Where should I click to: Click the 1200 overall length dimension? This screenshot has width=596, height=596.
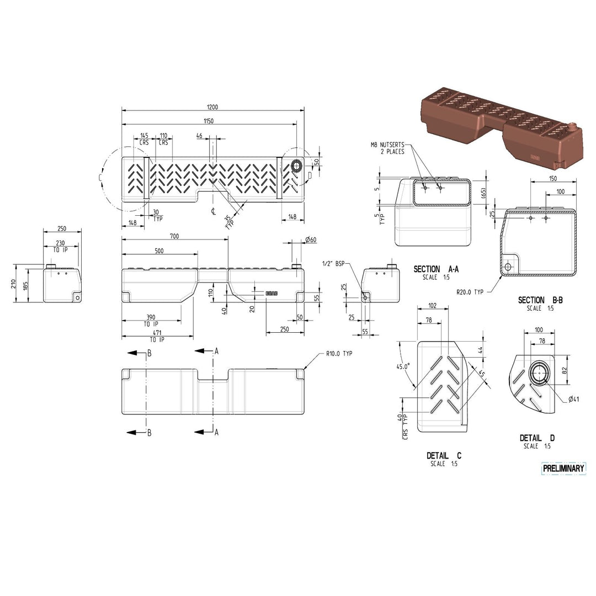[x=212, y=107]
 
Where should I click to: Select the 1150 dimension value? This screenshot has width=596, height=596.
[x=208, y=121]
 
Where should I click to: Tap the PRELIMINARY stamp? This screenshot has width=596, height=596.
[x=563, y=469]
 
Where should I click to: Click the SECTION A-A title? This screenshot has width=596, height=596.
[x=436, y=269]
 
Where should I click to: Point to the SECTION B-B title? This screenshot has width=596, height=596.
[x=540, y=300]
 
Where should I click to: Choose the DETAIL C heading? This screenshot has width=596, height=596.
[x=444, y=455]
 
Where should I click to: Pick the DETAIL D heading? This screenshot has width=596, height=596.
[x=537, y=438]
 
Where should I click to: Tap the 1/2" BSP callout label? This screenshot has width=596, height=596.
[x=333, y=263]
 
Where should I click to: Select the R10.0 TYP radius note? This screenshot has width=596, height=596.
[x=339, y=354]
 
